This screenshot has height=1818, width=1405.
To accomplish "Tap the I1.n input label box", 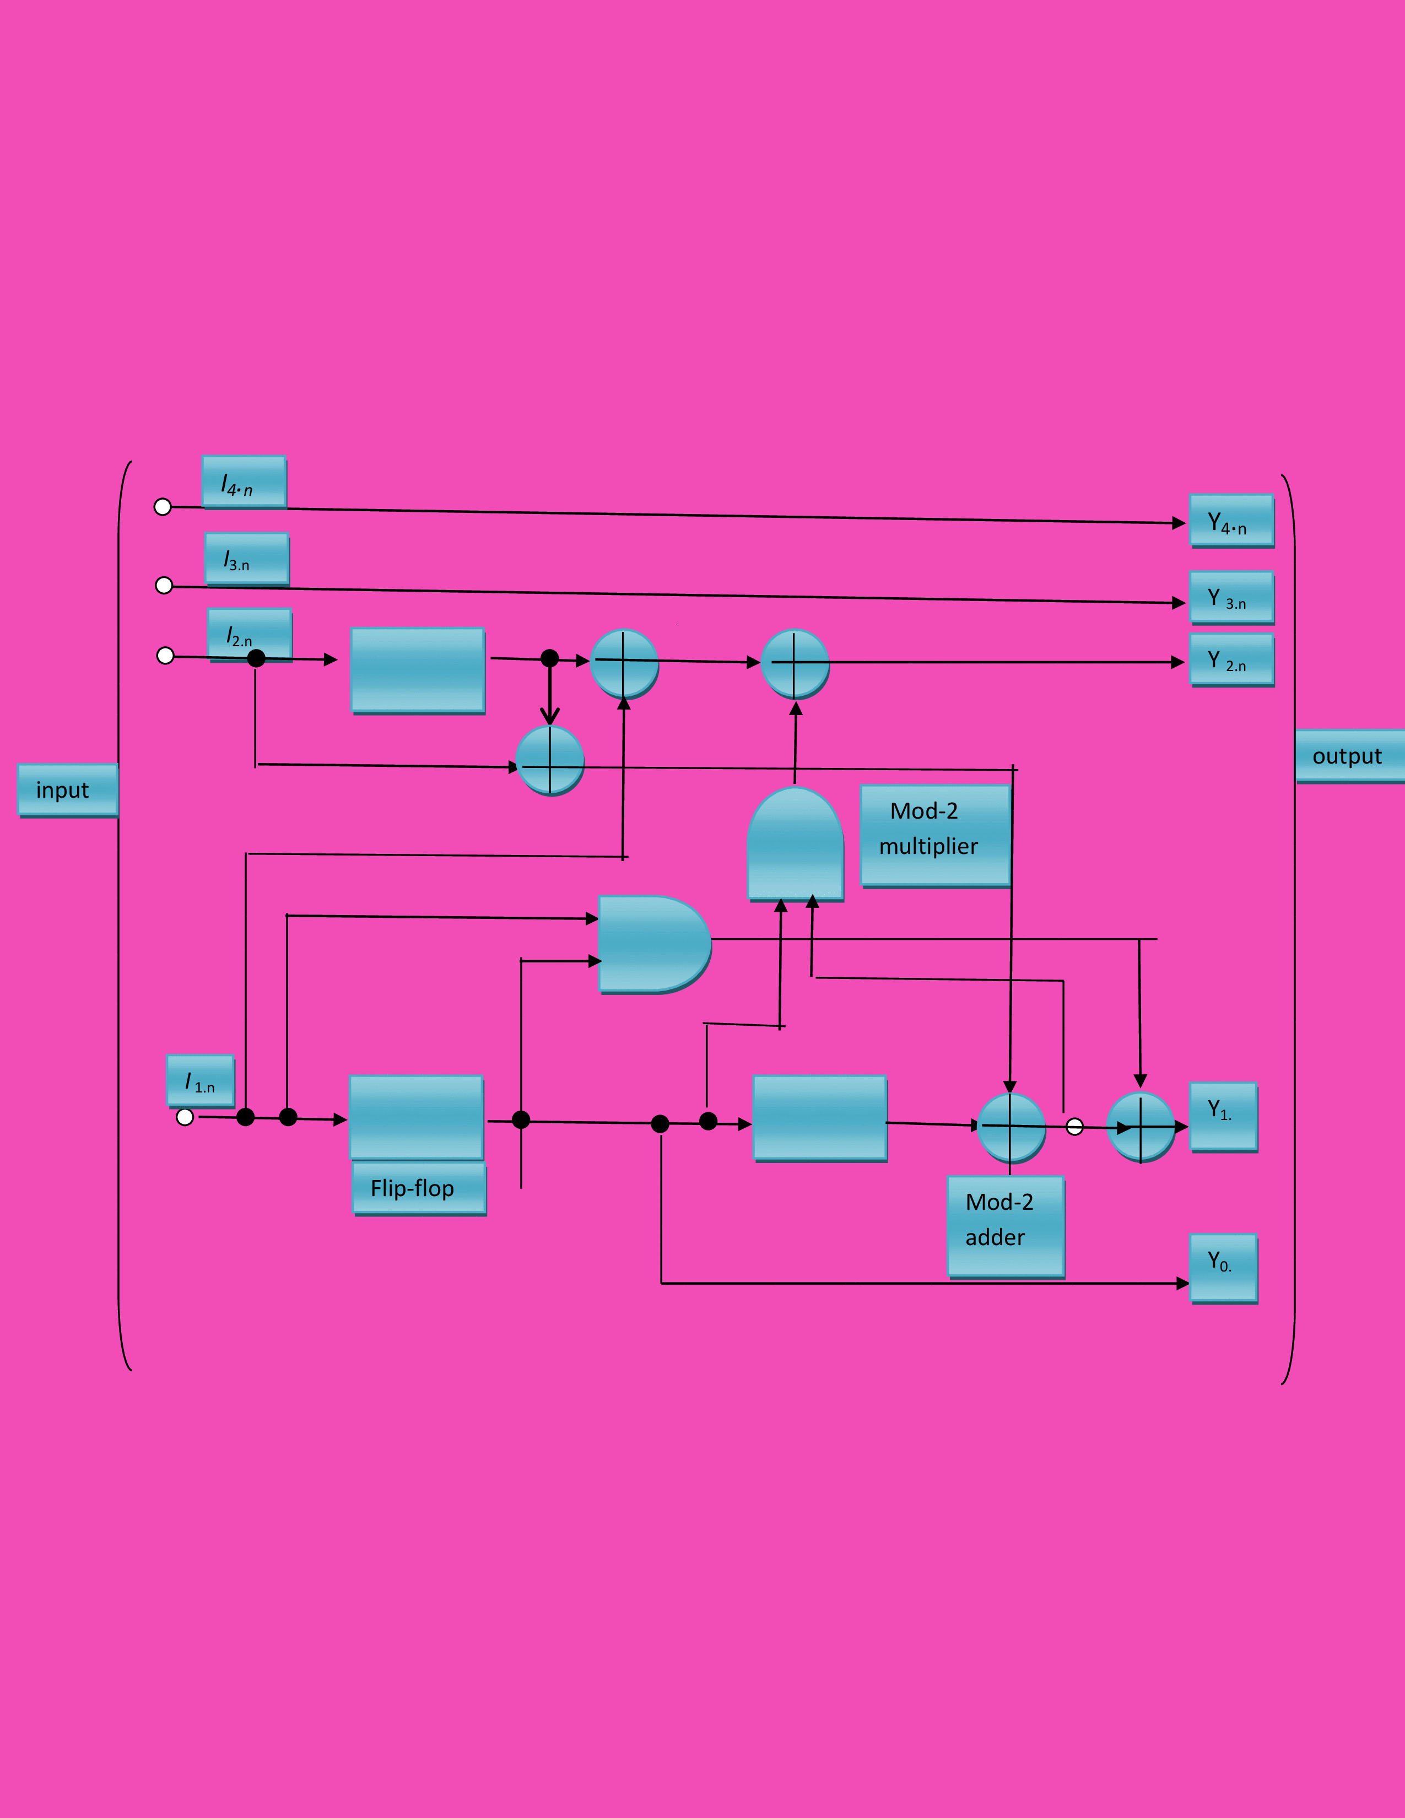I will coord(201,1080).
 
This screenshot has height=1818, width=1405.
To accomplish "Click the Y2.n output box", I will coord(1231,659).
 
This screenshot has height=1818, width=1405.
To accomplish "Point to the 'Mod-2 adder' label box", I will coord(1006,1225).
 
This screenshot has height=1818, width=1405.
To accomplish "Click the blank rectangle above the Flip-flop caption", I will coord(416,1117).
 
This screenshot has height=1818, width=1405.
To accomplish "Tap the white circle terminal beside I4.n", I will coord(163,507).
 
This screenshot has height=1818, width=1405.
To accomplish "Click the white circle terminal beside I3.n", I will coord(164,585).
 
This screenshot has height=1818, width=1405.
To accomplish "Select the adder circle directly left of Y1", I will coord(1141,1126).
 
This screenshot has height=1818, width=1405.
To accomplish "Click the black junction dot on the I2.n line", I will coord(256,658).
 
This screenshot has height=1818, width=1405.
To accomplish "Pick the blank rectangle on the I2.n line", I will coord(417,669).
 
